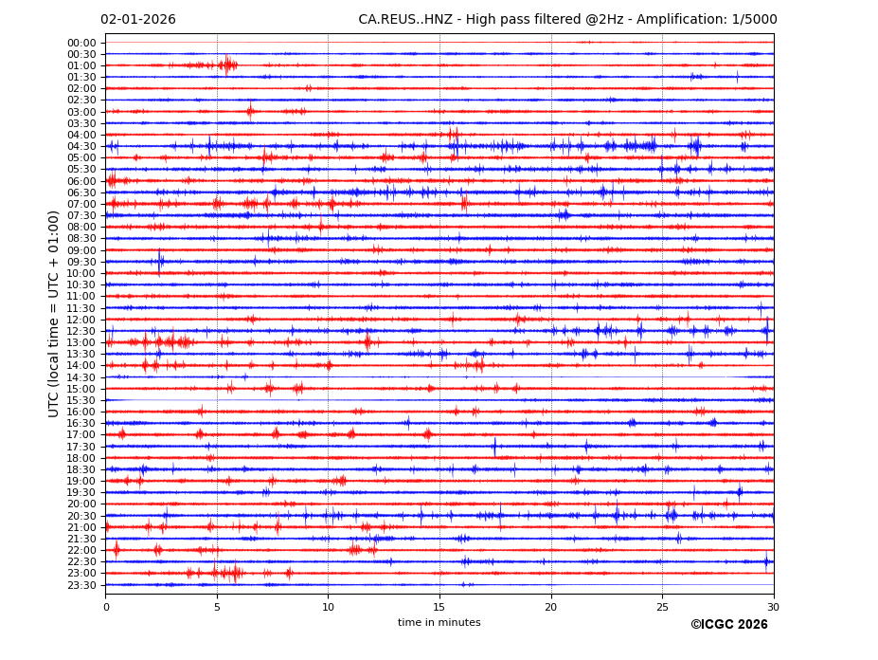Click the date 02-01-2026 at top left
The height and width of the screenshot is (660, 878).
tap(138, 20)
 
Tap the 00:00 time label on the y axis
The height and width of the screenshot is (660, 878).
tap(81, 43)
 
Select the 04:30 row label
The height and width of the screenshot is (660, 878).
tap(81, 146)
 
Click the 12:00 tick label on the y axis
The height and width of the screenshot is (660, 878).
tap(81, 320)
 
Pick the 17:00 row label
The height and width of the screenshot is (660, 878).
tap(81, 434)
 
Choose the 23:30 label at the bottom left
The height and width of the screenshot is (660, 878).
tap(81, 585)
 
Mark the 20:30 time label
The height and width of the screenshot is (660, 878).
tap(81, 516)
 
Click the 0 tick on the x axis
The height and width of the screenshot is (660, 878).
tap(106, 607)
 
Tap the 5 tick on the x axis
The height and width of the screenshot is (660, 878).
tap(217, 607)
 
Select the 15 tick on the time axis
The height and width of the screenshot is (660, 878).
tap(439, 607)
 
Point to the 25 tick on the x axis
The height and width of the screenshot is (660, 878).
tap(662, 607)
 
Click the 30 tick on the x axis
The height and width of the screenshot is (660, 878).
tap(773, 607)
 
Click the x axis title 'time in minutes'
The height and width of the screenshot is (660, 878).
tap(439, 623)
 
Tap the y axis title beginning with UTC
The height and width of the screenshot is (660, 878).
tap(55, 313)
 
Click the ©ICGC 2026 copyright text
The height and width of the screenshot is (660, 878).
tap(728, 625)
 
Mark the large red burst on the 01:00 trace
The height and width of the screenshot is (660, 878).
tap(227, 65)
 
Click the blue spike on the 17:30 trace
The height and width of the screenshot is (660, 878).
tap(494, 446)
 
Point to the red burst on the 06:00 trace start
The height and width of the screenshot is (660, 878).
tap(112, 180)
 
